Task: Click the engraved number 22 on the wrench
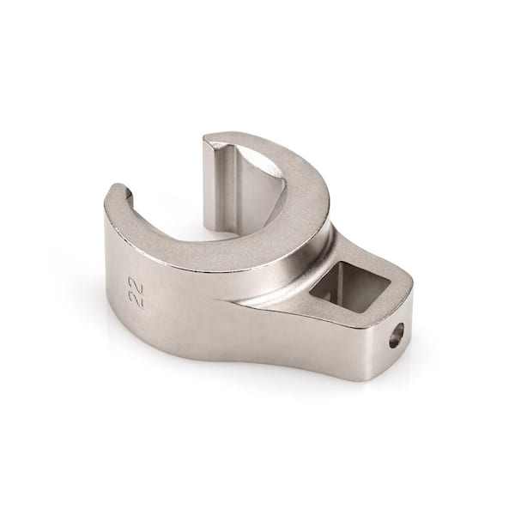[136, 293]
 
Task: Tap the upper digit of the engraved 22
[136, 284]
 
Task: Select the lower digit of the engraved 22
[136, 301]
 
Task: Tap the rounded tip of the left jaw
[122, 190]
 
